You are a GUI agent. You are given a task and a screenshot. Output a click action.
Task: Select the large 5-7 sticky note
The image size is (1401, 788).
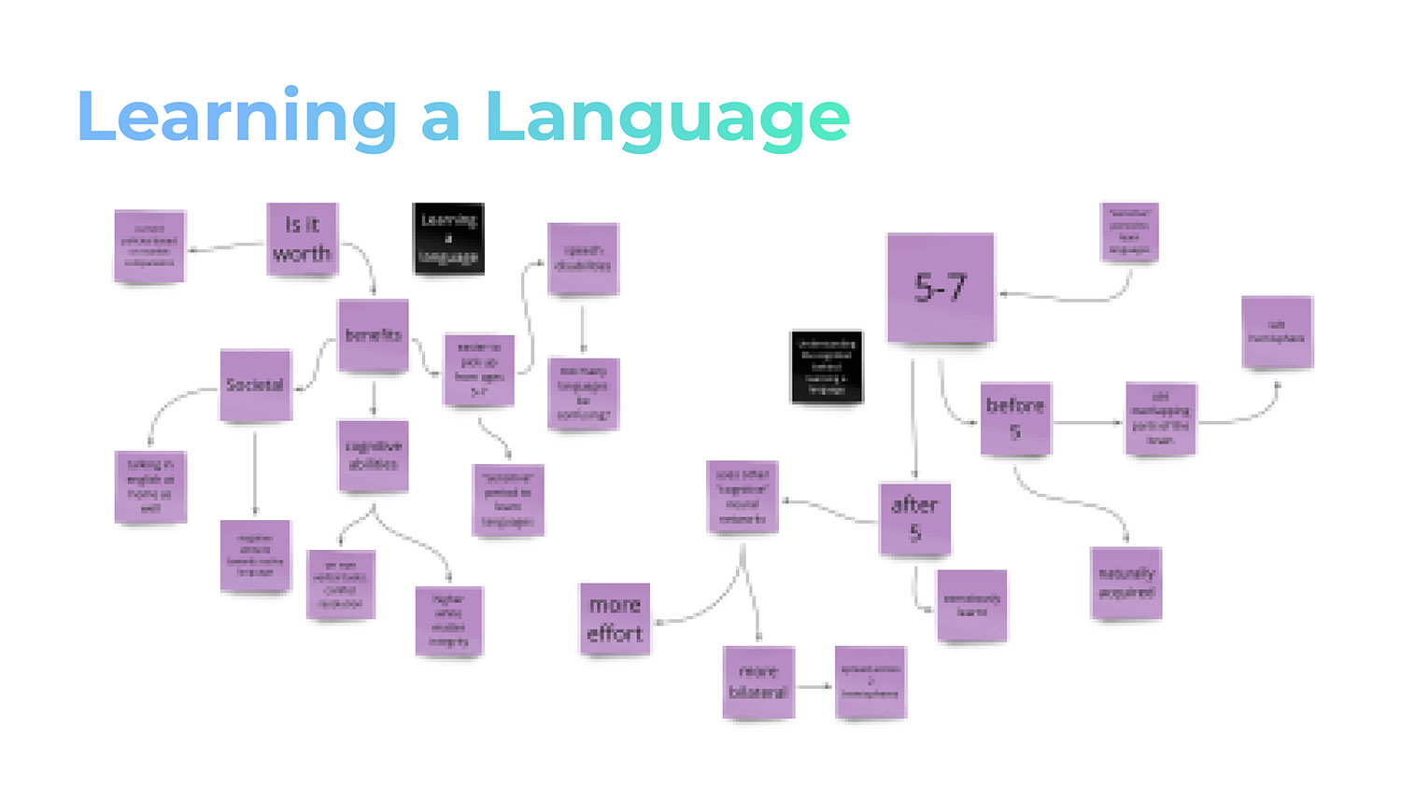click(941, 288)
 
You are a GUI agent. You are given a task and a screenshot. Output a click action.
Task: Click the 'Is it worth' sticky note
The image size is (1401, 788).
click(302, 239)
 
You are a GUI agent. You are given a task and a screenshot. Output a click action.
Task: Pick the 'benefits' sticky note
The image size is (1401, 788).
click(373, 335)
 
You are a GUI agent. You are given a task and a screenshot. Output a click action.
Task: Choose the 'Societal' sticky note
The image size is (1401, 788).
click(255, 385)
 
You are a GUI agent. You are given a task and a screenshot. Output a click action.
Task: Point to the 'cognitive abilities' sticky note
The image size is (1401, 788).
click(373, 456)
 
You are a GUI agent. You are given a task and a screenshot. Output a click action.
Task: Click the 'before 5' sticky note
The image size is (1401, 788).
click(1015, 418)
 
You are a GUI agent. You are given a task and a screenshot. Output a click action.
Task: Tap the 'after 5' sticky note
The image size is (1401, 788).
click(914, 519)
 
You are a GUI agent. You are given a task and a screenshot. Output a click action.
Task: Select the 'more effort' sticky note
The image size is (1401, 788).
click(615, 619)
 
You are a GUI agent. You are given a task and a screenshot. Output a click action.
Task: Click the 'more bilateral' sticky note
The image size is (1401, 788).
click(758, 682)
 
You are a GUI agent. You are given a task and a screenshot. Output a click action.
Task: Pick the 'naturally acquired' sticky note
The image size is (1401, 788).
click(1126, 583)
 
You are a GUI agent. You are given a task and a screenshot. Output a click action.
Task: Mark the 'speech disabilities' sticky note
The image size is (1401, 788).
click(583, 259)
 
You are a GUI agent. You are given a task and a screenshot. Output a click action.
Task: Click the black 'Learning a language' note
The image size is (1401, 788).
click(448, 238)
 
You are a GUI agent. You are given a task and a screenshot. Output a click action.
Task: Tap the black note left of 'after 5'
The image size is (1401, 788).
click(827, 366)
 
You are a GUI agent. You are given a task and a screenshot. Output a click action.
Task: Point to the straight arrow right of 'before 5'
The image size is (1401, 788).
click(1088, 423)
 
